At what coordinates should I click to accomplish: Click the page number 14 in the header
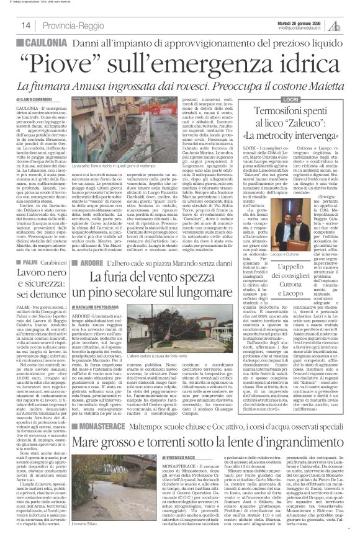(x=26, y=25)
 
